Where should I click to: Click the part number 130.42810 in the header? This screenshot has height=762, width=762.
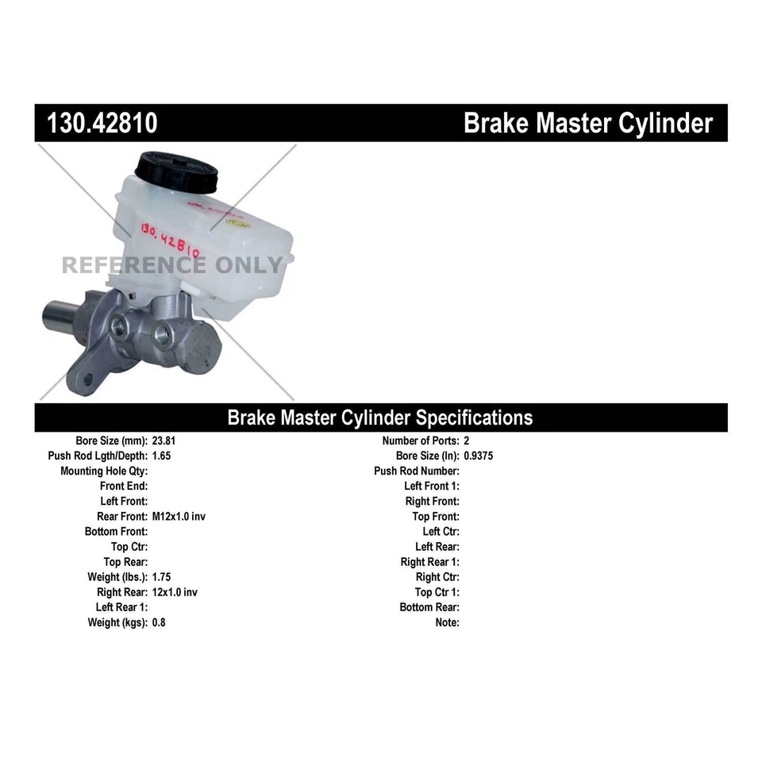click(x=102, y=123)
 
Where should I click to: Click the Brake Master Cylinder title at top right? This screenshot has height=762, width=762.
click(x=587, y=123)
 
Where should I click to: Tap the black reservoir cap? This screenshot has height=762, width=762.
click(x=175, y=171)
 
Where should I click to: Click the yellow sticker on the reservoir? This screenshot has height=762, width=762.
click(x=237, y=224)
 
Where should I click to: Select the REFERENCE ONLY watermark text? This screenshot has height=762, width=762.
click(x=172, y=265)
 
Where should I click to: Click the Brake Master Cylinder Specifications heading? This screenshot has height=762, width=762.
click(x=380, y=418)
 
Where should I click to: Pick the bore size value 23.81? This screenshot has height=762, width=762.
click(x=163, y=441)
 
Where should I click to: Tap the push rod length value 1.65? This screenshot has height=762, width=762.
click(x=161, y=456)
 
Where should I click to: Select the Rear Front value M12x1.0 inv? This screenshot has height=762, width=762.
click(x=179, y=516)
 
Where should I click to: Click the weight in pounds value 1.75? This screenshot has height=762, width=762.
click(x=161, y=577)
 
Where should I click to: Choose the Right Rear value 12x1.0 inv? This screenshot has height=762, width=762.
click(x=175, y=592)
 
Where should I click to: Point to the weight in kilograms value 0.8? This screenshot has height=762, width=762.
click(x=159, y=622)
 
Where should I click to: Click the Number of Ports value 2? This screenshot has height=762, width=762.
click(x=467, y=441)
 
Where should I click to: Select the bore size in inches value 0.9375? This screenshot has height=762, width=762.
click(x=479, y=456)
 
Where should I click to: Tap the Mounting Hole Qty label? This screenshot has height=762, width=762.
click(x=104, y=471)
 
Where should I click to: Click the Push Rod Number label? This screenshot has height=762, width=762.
click(x=417, y=471)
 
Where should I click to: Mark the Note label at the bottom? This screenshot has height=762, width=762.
click(x=447, y=622)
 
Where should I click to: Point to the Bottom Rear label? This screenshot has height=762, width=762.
click(x=429, y=607)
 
